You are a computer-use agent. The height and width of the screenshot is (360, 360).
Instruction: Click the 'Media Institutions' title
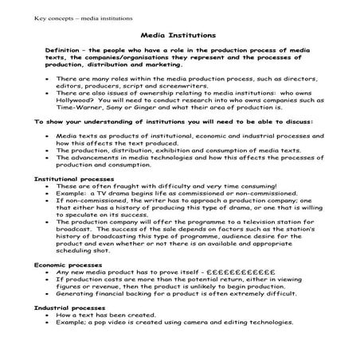(x=179, y=36)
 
